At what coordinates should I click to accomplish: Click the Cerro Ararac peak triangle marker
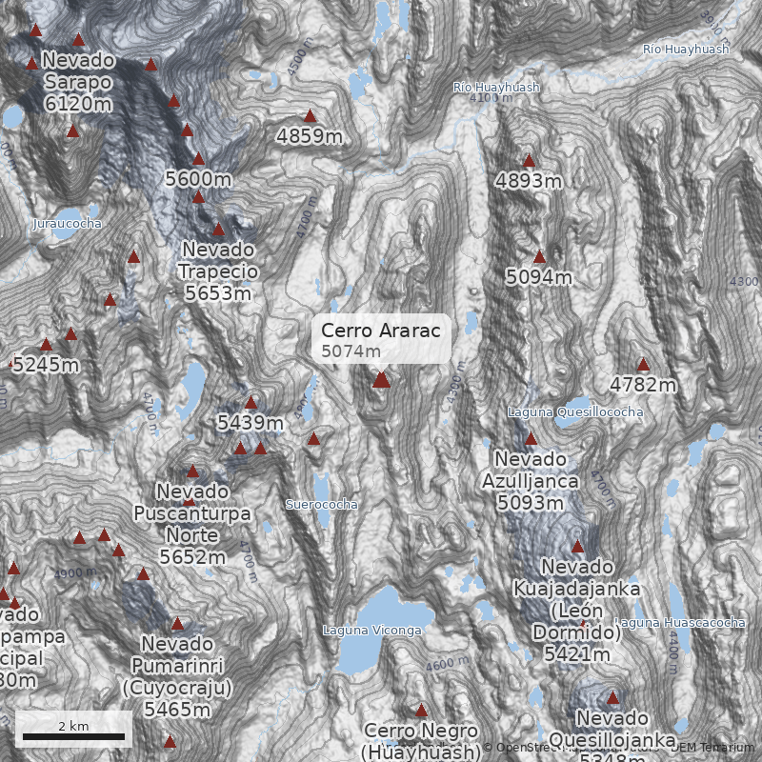(381, 380)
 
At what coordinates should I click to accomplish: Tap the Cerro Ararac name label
(380, 331)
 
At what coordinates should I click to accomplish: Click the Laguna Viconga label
(371, 631)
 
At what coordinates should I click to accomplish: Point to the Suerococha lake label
(322, 503)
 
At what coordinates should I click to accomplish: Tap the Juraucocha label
(66, 223)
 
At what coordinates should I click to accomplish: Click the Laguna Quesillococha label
(574, 411)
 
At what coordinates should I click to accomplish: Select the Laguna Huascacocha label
(680, 623)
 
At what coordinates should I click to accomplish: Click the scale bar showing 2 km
(73, 735)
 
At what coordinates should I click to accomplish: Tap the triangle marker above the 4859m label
(310, 115)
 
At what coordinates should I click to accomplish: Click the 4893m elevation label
(527, 180)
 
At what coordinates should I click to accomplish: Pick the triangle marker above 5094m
(539, 256)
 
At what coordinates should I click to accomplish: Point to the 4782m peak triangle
(643, 364)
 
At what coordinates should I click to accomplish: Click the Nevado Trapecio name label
(219, 260)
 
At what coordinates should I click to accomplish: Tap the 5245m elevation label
(46, 364)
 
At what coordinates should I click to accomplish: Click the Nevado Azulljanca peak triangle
(531, 439)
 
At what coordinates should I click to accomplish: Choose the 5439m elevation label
(251, 422)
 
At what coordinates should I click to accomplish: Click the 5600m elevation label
(198, 178)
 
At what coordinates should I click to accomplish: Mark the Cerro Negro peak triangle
(421, 710)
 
